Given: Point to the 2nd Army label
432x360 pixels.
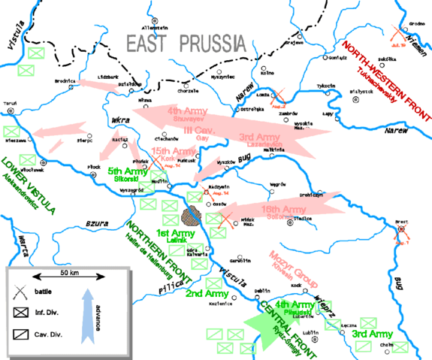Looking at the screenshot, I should pos(201,292).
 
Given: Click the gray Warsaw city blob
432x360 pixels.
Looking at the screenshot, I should pos(192,216).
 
